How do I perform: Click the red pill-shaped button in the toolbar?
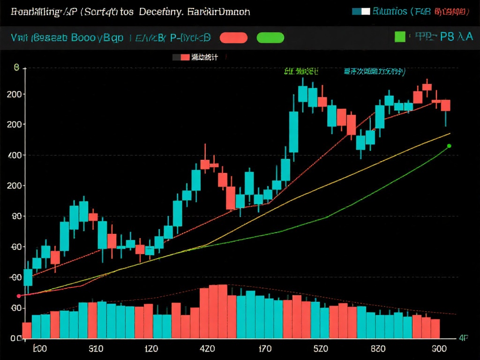233,37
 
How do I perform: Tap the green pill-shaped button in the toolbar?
270,37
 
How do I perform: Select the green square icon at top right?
400,37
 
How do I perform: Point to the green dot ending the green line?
449,146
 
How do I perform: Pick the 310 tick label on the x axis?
96,349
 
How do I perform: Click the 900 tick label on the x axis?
439,349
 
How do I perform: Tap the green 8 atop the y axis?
17,68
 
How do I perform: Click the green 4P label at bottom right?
463,337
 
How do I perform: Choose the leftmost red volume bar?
27,330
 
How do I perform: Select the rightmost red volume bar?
435,328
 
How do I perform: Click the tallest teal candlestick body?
294,132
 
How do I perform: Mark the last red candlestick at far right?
445,105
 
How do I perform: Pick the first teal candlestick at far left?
28,277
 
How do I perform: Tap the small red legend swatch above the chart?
185,57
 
